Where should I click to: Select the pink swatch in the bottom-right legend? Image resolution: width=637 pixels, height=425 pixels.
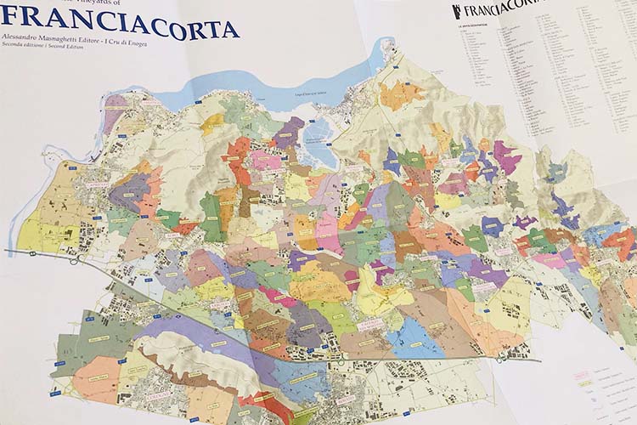point(583,372)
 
